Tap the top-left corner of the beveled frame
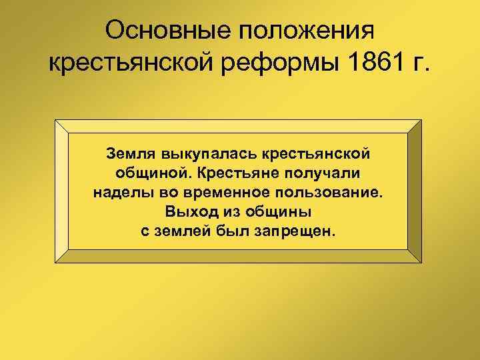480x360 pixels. pyautogui.click(x=57, y=121)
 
